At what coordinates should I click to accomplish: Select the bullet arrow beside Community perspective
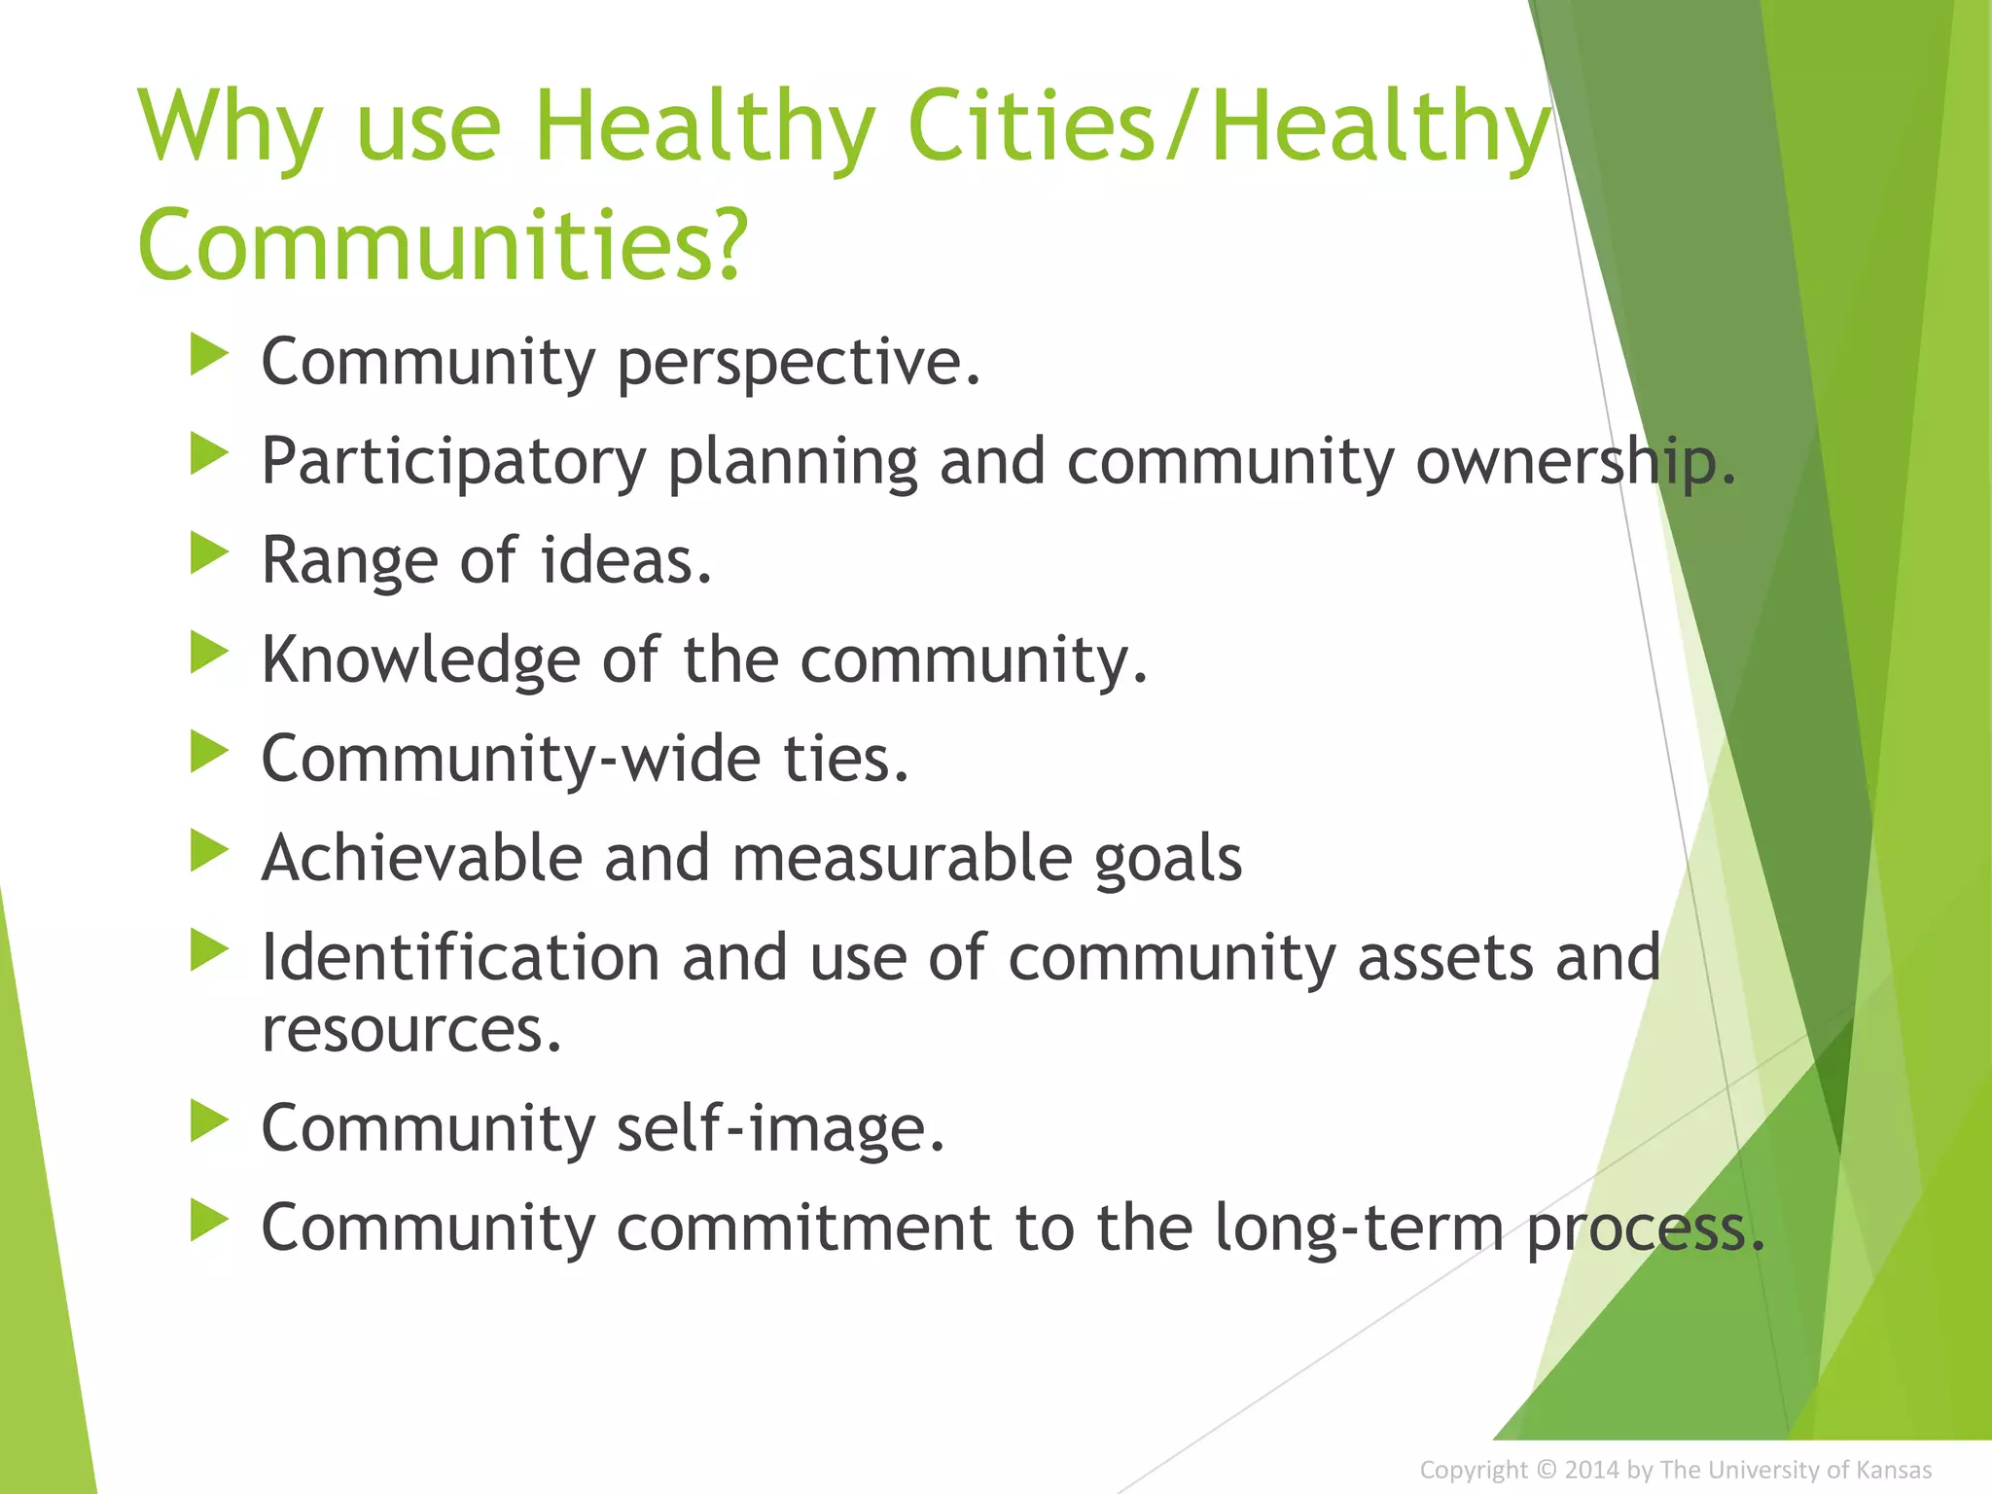[x=208, y=355]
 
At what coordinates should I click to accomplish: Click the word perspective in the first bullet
[x=798, y=363]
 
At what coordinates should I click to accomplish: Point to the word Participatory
[x=453, y=462]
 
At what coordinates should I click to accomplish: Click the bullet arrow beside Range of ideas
[x=208, y=553]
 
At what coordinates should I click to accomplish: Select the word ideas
[x=626, y=561]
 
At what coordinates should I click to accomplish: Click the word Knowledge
[x=420, y=660]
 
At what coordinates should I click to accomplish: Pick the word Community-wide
[x=511, y=759]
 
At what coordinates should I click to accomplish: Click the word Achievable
[x=421, y=859]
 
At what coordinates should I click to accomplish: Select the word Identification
[x=460, y=958]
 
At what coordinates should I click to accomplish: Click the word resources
[x=411, y=1030]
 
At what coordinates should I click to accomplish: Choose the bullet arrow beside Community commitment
[x=208, y=1221]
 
